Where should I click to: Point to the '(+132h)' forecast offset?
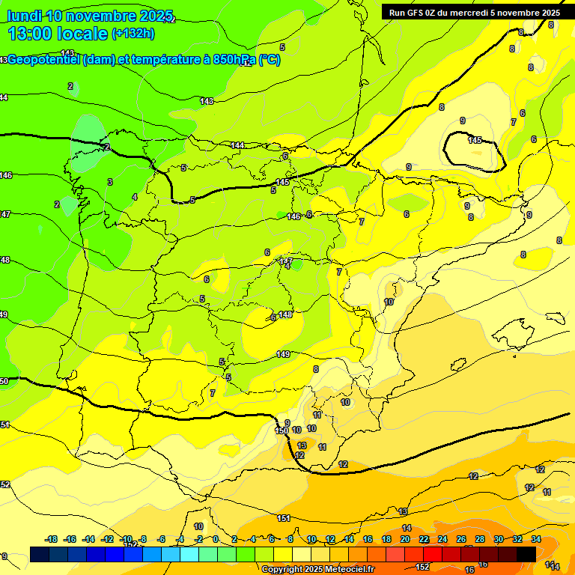point(133,33)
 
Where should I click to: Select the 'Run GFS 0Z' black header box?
point(474,12)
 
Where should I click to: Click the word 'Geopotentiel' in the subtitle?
point(42,60)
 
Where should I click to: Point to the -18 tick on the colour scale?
point(52,539)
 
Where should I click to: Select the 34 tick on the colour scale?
point(536,539)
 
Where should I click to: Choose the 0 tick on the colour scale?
point(216,539)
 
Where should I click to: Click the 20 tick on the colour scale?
point(405,539)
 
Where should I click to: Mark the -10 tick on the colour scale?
point(127,539)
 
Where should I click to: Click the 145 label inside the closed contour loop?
point(475,140)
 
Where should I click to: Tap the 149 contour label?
point(283,354)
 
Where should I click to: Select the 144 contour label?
point(238,145)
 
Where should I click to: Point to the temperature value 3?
point(110,182)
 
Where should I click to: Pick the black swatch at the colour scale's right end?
point(526,553)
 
